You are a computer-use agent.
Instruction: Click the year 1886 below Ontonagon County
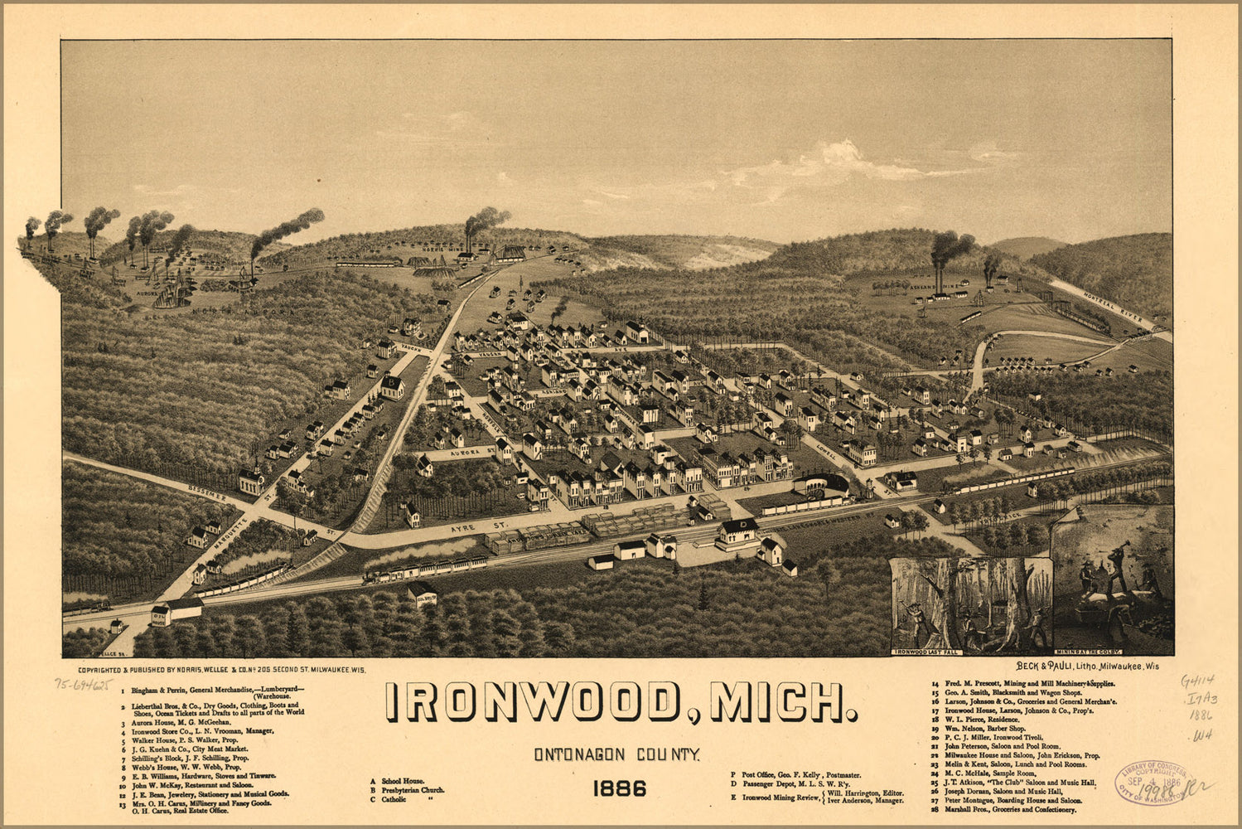pyautogui.click(x=619, y=788)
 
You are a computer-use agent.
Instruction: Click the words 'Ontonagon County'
pyautogui.click(x=617, y=754)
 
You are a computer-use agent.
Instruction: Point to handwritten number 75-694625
pyautogui.click(x=83, y=684)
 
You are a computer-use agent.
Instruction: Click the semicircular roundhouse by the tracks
pyautogui.click(x=820, y=483)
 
